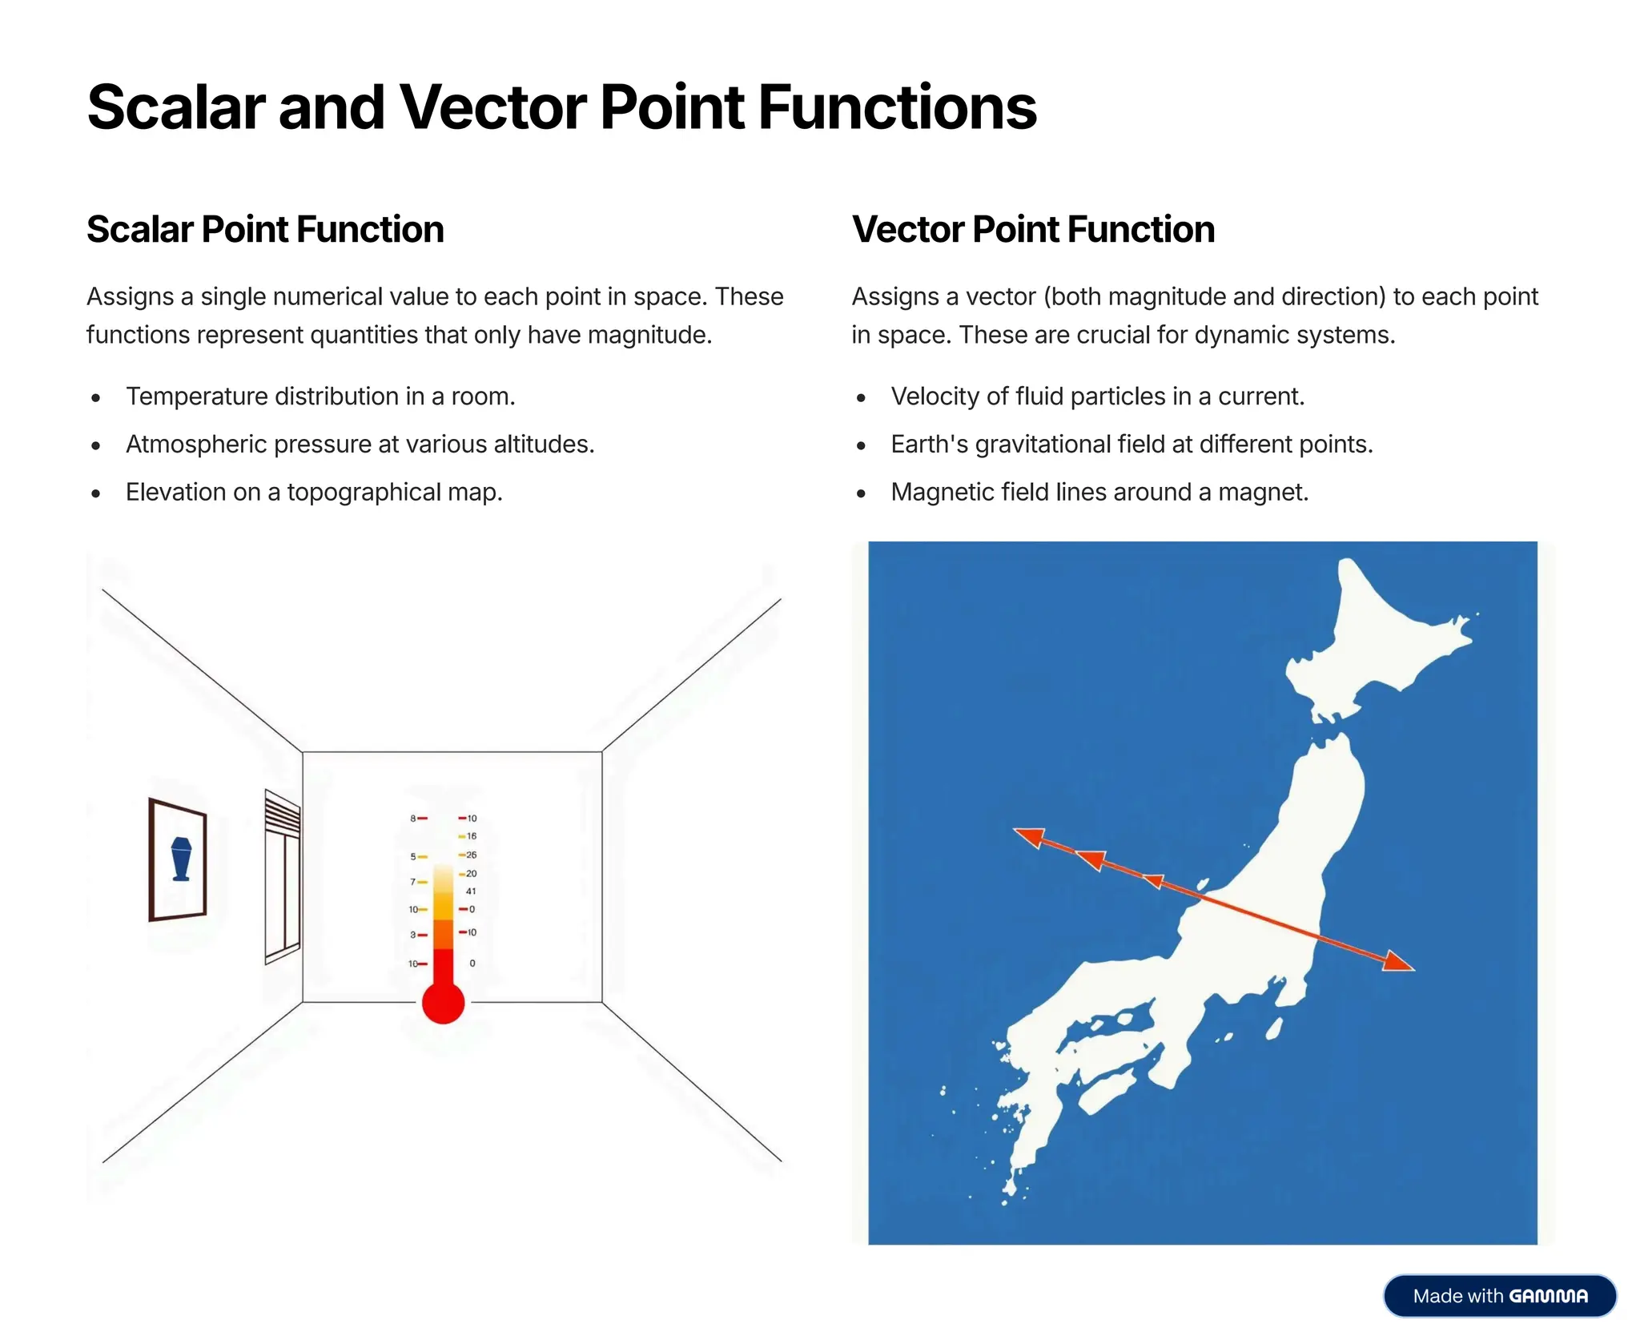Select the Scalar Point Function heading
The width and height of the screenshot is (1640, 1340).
pos(265,230)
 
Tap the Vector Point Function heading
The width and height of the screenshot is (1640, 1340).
pos(1033,230)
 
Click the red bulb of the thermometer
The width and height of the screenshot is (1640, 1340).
pos(443,1003)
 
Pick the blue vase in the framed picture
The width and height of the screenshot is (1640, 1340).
pos(182,859)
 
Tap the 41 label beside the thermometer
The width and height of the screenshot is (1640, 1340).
pos(471,891)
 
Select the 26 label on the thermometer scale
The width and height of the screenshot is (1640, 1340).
pos(471,855)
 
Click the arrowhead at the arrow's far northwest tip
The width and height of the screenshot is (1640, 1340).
pos(1029,837)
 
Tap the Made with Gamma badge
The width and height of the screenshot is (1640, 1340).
pos(1499,1295)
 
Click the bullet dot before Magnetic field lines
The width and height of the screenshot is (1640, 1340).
pos(861,493)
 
